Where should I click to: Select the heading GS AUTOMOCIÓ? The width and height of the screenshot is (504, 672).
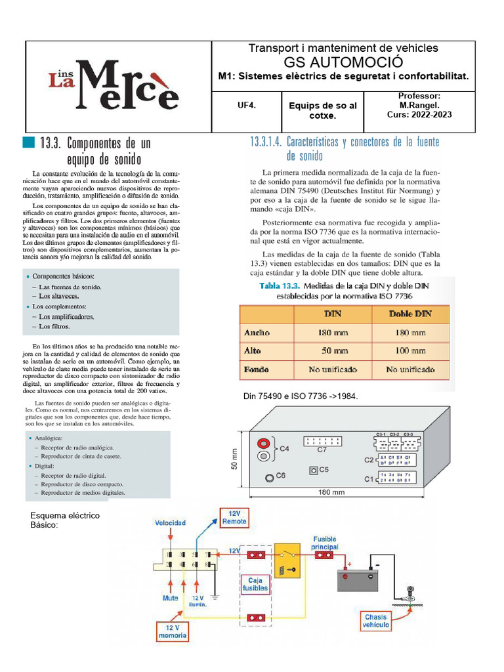point(343,62)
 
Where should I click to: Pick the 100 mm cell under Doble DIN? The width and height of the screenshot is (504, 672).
point(410,351)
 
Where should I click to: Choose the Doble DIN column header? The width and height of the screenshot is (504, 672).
point(410,314)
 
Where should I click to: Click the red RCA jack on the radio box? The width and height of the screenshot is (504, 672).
point(263,444)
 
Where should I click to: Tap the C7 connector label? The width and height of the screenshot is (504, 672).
point(322,450)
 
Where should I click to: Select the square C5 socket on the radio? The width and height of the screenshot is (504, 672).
point(313,470)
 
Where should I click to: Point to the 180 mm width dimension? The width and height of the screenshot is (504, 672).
point(331,492)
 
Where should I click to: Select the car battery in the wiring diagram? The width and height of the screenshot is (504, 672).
point(360,580)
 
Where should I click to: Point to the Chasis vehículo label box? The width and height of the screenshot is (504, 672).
point(376,621)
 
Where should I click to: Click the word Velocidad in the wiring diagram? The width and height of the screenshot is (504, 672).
point(170,523)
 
